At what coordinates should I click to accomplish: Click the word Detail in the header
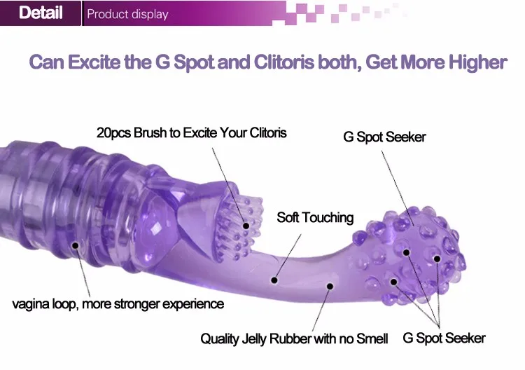pyautogui.click(x=41, y=13)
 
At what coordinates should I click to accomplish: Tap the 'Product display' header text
pyautogui.click(x=127, y=14)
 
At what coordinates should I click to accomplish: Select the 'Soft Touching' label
pyautogui.click(x=315, y=217)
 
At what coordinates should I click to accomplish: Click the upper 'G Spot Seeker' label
pyautogui.click(x=384, y=137)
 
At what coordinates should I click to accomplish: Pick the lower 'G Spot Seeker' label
pyautogui.click(x=444, y=338)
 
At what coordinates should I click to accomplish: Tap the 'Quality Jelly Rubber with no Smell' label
pyautogui.click(x=294, y=339)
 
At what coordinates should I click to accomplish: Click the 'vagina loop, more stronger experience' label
pyautogui.click(x=118, y=304)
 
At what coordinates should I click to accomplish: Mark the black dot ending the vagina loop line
pyautogui.click(x=74, y=246)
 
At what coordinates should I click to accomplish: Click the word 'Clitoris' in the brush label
pyautogui.click(x=260, y=132)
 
